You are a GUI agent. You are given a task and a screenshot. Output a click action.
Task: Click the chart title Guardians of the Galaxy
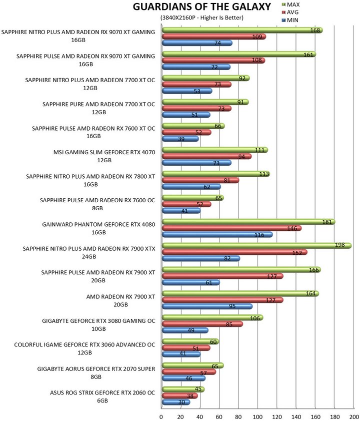pos(201,7)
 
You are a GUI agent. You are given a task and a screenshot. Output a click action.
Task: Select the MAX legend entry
pos(290,5)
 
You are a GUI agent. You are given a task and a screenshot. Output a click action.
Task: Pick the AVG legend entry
pos(290,12)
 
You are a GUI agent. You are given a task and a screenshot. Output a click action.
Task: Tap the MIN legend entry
pos(290,20)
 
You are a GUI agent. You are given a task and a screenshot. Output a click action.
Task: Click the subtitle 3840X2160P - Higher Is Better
pos(201,18)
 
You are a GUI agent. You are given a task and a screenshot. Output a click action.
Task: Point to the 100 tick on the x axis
pos(257,416)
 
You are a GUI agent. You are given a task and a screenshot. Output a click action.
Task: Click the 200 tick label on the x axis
pos(354,416)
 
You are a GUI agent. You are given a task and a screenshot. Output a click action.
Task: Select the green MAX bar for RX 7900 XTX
pos(256,245)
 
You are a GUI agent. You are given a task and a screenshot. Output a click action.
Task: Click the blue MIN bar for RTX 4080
pos(217,234)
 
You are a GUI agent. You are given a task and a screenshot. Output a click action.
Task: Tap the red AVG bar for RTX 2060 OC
pos(180,396)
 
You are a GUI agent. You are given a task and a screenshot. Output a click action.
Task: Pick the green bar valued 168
pos(242,30)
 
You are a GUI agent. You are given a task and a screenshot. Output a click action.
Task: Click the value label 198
pos(339,245)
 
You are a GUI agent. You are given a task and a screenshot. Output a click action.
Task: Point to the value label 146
pos(292,228)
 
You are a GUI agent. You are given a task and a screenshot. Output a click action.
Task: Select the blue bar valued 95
pos(207,306)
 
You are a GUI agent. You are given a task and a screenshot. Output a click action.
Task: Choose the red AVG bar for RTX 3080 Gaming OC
pos(202,324)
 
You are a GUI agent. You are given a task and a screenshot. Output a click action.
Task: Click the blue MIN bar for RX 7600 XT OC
pos(180,139)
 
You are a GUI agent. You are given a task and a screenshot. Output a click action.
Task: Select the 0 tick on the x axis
pos(161,416)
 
